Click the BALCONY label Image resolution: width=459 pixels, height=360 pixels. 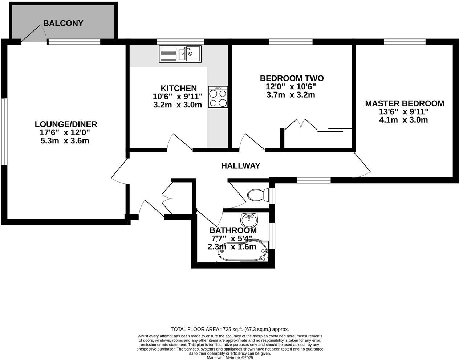[x=63, y=24]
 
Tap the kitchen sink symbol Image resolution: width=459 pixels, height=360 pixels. [x=180, y=54]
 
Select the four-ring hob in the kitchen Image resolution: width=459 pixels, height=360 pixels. [x=218, y=97]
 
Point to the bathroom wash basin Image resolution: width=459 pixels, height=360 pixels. [x=249, y=219]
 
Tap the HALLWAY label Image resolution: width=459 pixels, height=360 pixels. [x=240, y=166]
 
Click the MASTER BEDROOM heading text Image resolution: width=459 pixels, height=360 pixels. [x=404, y=103]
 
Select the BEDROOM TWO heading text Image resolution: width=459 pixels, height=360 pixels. [x=292, y=78]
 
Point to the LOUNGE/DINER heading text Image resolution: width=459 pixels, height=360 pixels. [x=66, y=124]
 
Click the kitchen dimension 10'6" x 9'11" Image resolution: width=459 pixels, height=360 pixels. [x=178, y=97]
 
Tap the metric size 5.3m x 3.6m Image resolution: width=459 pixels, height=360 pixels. [x=65, y=141]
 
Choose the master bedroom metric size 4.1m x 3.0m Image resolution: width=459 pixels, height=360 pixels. [x=403, y=120]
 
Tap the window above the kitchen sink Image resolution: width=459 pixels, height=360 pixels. [x=180, y=41]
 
